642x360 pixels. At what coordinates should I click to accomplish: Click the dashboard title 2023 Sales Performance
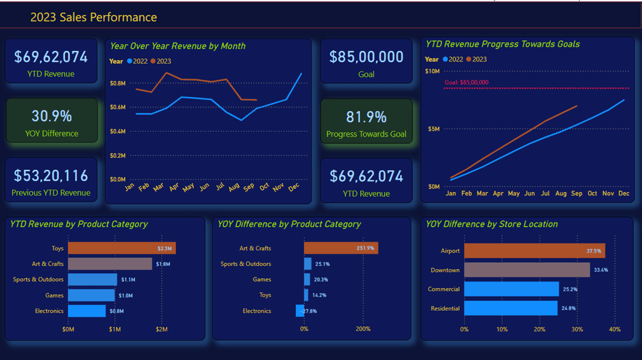94,18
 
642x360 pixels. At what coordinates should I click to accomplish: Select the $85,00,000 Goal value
366,57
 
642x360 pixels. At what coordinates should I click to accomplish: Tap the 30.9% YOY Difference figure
52,116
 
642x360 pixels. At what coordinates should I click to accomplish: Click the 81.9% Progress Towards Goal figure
366,117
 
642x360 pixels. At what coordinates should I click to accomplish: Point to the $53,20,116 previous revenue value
51,175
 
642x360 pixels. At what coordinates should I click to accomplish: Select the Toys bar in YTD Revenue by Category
121,248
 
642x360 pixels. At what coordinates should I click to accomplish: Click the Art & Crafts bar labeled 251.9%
341,248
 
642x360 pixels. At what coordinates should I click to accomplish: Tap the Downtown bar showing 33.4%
527,270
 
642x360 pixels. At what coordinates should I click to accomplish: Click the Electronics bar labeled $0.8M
87,311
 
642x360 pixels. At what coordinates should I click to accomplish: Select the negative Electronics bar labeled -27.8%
300,311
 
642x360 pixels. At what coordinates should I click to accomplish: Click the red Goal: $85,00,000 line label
466,83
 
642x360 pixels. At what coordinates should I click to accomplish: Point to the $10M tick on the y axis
432,71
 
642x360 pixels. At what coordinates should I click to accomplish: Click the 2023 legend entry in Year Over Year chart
161,61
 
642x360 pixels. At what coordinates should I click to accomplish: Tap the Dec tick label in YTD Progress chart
624,194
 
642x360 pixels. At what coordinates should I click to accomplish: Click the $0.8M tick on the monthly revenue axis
118,83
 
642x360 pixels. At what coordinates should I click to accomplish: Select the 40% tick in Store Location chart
615,330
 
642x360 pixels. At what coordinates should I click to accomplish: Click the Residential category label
445,308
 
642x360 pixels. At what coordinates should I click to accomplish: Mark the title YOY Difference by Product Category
289,224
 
